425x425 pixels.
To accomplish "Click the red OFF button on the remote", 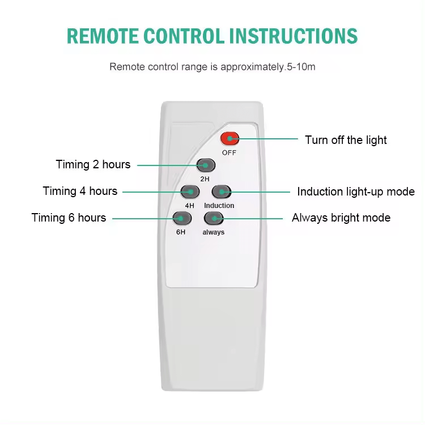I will [230, 138].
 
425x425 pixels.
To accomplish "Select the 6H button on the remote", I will [180, 218].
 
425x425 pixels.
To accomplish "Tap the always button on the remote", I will [213, 218].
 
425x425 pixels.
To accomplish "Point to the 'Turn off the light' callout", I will [346, 140].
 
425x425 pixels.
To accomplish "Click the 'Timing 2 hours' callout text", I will [93, 165].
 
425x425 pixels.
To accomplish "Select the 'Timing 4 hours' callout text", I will [80, 191].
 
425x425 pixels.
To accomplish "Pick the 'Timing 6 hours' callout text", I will [69, 218].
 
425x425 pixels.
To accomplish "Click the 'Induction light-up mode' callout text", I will [356, 192].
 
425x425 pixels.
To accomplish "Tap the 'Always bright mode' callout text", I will [341, 218].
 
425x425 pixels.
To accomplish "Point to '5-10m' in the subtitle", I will [300, 67].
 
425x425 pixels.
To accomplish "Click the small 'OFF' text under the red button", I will [229, 152].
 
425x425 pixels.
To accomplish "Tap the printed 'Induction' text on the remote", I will [219, 206].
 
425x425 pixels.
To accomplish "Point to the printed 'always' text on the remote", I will [214, 232].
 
